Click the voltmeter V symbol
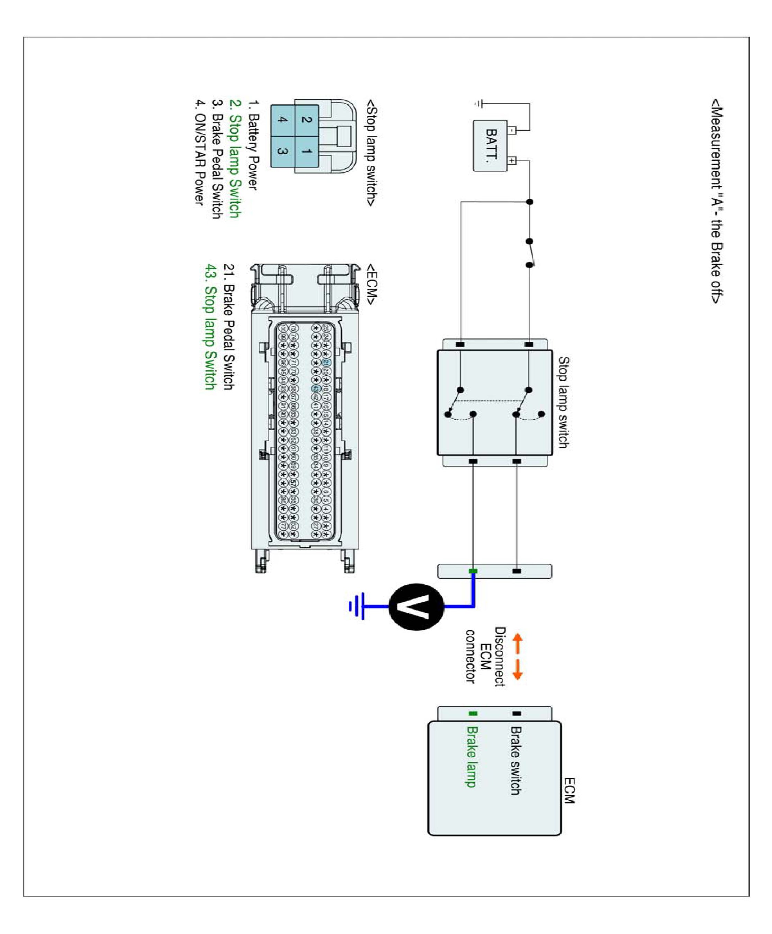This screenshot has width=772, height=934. click(x=416, y=606)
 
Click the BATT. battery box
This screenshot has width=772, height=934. click(x=490, y=145)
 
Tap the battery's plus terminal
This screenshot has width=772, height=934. click(x=512, y=161)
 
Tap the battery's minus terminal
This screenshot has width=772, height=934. click(x=512, y=130)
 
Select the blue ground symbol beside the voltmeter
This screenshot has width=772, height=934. click(x=357, y=606)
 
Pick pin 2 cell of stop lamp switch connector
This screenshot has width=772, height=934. click(x=306, y=120)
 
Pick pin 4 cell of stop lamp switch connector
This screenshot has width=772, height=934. click(x=282, y=120)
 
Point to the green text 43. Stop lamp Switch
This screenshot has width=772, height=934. click(x=210, y=327)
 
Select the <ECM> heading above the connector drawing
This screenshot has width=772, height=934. click(x=372, y=284)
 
